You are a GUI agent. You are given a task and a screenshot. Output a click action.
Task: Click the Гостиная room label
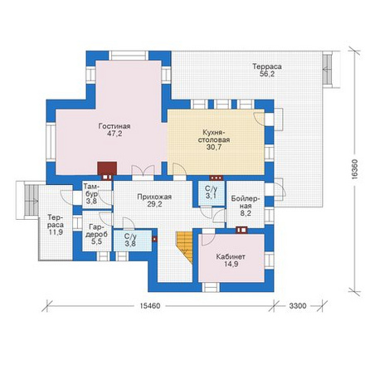click(114, 126)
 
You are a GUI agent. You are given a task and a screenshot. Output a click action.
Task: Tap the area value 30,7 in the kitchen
click(214, 147)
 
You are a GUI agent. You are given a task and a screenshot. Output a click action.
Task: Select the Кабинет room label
click(231, 256)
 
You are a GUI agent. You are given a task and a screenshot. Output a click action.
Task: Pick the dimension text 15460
click(150, 306)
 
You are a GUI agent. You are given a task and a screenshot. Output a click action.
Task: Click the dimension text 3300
click(298, 306)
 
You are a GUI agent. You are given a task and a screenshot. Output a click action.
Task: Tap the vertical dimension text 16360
click(356, 170)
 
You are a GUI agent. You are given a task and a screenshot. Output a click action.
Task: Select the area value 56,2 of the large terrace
click(267, 74)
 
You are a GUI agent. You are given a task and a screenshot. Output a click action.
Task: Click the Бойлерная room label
click(246, 202)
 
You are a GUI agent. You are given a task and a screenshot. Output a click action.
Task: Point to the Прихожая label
click(154, 197)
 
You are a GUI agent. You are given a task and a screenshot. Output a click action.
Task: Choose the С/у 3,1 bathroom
click(212, 192)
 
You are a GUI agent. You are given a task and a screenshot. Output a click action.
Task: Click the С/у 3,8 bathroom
click(133, 241)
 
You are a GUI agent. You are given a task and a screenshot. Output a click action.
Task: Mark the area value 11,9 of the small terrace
click(56, 231)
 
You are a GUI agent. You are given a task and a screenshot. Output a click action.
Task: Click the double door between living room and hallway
click(143, 173)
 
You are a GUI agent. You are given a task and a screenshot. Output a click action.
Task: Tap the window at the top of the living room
click(129, 56)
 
